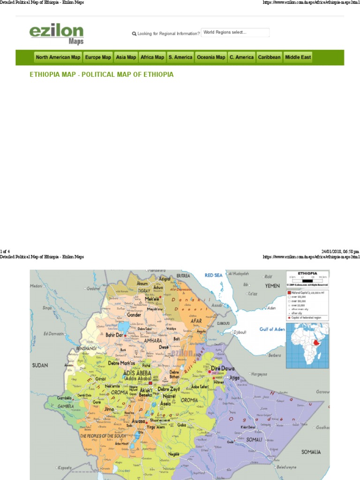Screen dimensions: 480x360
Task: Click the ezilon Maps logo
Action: pyautogui.click(x=56, y=34)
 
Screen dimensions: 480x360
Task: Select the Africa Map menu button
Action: pyautogui.click(x=152, y=57)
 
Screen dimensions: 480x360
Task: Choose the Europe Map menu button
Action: pyautogui.click(x=98, y=57)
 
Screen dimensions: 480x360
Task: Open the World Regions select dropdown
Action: pyautogui.click(x=235, y=33)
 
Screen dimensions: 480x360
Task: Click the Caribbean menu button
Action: pyautogui.click(x=269, y=57)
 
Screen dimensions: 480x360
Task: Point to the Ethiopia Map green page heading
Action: pyautogui.click(x=102, y=75)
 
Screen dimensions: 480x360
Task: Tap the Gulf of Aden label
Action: pyautogui.click(x=272, y=329)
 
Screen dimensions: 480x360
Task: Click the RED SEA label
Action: pyautogui.click(x=214, y=275)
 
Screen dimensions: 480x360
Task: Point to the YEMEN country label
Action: pyautogui.click(x=272, y=285)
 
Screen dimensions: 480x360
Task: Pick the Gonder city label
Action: pyautogui.click(x=134, y=315)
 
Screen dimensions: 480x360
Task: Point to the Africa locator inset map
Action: pyautogui.click(x=307, y=344)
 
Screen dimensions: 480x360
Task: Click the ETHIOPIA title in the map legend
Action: pyautogui.click(x=307, y=274)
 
